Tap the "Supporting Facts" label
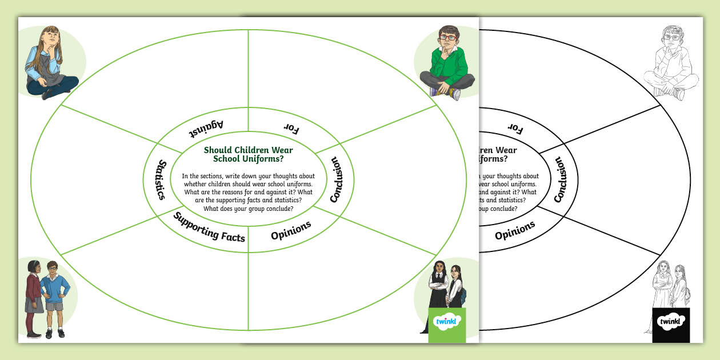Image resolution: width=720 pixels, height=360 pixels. point(209,227)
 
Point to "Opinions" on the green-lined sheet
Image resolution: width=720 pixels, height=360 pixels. point(291,230)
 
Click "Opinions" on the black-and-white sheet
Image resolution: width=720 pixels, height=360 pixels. point(515,230)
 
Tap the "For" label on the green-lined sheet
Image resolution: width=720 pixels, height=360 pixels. point(291,129)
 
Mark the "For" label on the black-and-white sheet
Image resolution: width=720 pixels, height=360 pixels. point(515,129)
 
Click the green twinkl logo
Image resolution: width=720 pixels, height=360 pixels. point(447,323)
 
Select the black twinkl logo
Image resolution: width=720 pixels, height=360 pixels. point(671,323)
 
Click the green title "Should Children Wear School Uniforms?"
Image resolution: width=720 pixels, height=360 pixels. point(249,154)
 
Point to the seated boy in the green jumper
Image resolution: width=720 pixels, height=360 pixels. point(447,63)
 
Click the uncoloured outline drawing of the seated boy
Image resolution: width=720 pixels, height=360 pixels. point(672,63)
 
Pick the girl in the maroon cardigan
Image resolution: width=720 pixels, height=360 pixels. point(34,297)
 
